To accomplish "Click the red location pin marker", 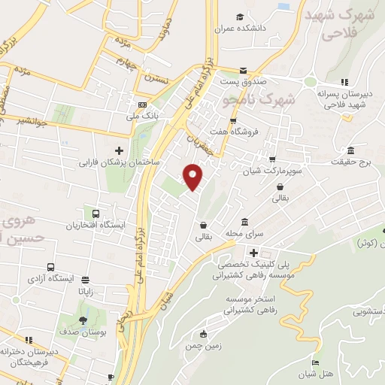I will (x=193, y=177).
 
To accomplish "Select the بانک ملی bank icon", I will (x=141, y=104).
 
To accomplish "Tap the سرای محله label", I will (x=255, y=235).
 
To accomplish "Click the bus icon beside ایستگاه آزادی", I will (x=50, y=267).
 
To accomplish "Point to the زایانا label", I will (x=86, y=298).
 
